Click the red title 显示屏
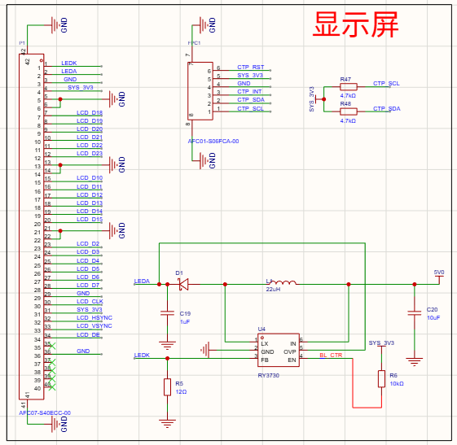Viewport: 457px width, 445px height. (x=356, y=26)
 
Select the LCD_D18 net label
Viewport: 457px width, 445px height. (x=90, y=112)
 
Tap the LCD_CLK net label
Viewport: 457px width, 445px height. (x=90, y=302)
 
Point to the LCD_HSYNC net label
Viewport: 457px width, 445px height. (x=94, y=318)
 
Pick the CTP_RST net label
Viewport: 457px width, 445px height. (x=250, y=67)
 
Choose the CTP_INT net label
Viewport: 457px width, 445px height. (x=250, y=92)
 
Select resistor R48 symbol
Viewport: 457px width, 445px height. (x=348, y=111)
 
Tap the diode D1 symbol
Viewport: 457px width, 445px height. (x=182, y=284)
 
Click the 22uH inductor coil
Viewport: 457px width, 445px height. (x=283, y=284)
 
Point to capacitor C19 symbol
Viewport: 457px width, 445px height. (x=167, y=314)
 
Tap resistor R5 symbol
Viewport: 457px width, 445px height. (x=167, y=387)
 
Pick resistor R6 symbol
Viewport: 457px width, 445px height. (x=380, y=379)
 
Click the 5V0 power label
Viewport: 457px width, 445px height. (x=439, y=273)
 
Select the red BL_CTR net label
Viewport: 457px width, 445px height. (x=331, y=356)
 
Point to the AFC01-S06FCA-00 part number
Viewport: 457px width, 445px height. (x=213, y=142)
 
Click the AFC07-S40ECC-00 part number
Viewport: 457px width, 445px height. (x=45, y=413)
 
